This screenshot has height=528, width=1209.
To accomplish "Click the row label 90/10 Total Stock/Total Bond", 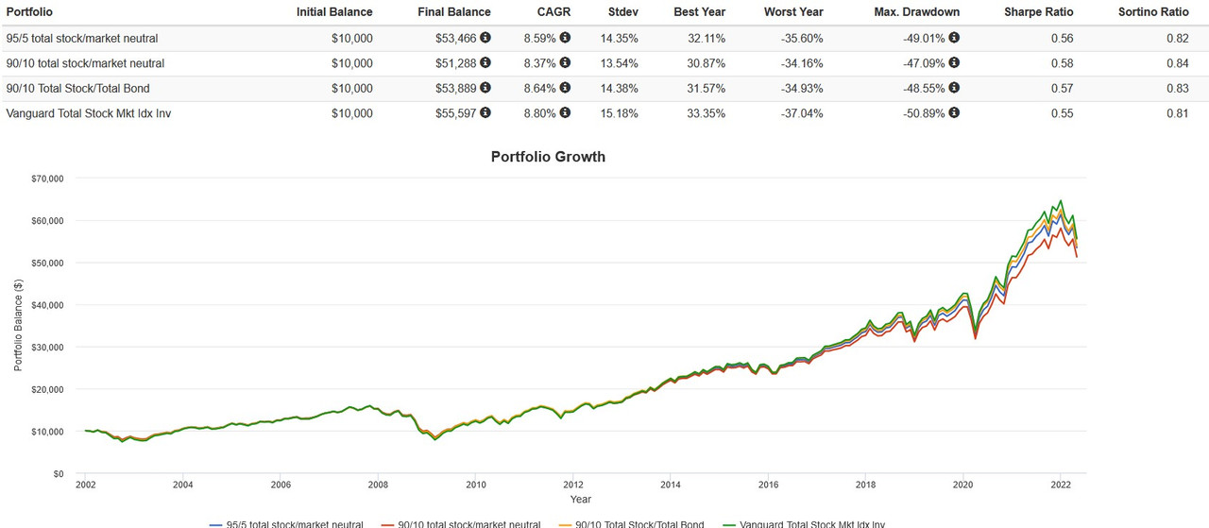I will pos(78,89).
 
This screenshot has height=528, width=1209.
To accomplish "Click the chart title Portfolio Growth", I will pos(548,157).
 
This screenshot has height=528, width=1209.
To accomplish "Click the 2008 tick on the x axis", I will pos(378,485).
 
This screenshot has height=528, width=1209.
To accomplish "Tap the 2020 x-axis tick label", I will pos(962,485).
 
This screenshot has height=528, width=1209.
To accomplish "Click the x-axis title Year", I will pos(581,499).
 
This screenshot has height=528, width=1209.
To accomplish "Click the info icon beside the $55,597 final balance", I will pos(485,113).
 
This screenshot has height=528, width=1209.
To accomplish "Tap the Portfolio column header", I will pos(28,12).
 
